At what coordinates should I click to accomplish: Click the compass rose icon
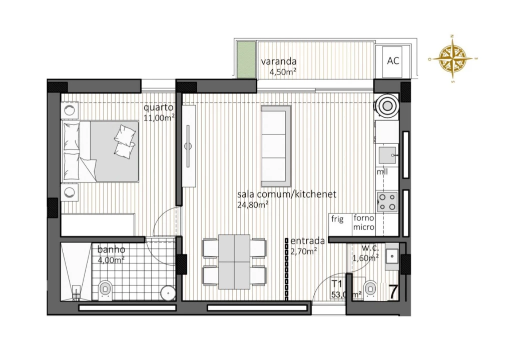click(452, 58)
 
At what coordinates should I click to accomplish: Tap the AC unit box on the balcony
click(393, 61)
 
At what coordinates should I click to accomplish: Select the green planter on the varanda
click(246, 60)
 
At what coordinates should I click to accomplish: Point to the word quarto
click(158, 107)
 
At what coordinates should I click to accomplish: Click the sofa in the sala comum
click(275, 145)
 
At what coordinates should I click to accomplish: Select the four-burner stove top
click(387, 201)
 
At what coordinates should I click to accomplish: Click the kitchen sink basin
click(386, 155)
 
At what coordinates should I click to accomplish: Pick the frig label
click(337, 219)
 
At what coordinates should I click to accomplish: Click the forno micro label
click(364, 222)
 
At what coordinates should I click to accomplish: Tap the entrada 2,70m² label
click(307, 246)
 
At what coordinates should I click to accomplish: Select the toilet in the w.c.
click(370, 288)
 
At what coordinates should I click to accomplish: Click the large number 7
click(393, 292)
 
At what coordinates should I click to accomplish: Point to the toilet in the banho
click(105, 288)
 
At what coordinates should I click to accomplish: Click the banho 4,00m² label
click(112, 254)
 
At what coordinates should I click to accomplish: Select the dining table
click(234, 261)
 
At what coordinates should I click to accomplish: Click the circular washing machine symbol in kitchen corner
click(388, 105)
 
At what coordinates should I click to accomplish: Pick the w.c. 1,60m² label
click(365, 254)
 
